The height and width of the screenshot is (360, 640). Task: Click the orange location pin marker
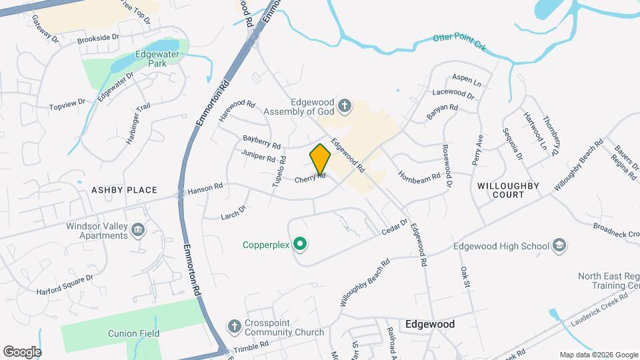[x=321, y=159]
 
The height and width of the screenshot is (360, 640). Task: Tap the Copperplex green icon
[x=300, y=245]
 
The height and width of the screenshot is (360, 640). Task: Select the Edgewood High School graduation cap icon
[x=559, y=246]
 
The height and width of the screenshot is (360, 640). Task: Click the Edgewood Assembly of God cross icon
[x=344, y=105]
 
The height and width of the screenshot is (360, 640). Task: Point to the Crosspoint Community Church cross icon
[x=234, y=326]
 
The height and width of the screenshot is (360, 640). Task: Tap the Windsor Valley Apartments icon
[x=138, y=231]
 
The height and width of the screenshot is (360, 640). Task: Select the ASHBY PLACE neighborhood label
[x=124, y=190]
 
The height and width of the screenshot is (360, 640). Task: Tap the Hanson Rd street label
[x=205, y=189]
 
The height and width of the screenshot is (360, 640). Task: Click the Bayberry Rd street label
[x=262, y=141]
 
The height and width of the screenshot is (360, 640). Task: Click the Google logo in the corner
[x=22, y=351]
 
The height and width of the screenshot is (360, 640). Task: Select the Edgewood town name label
[x=430, y=324]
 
